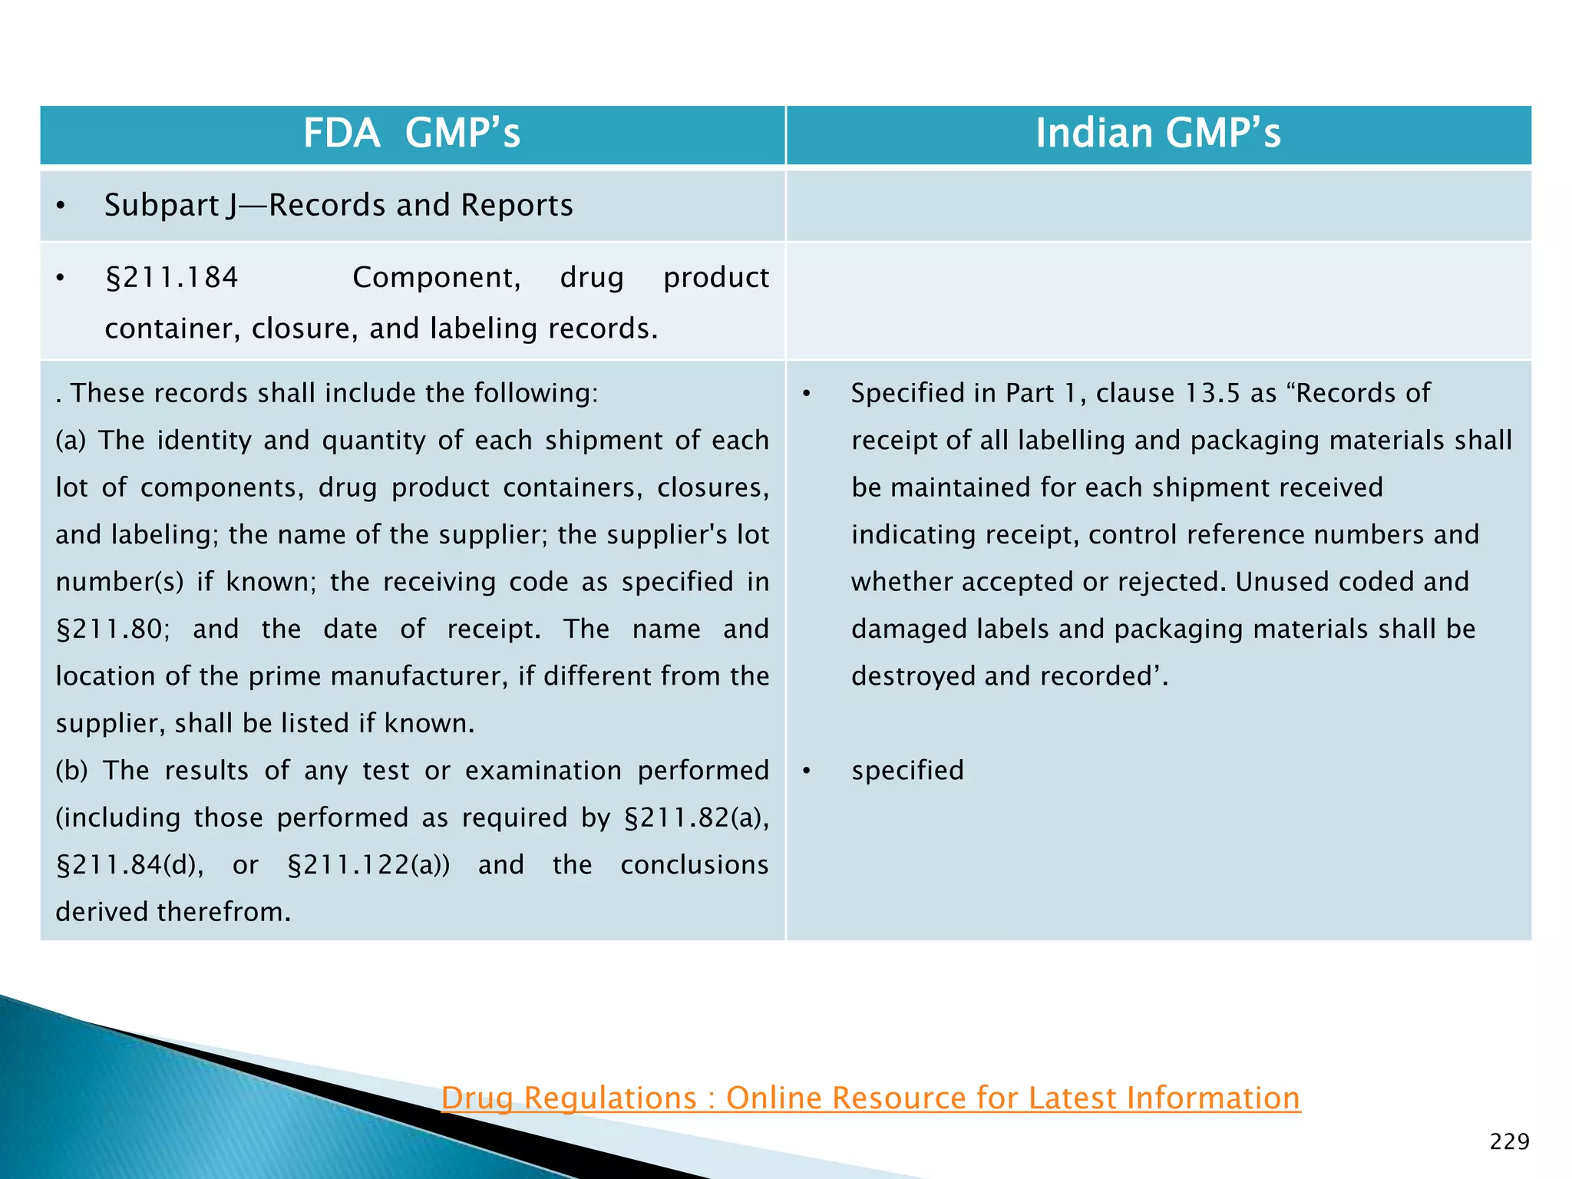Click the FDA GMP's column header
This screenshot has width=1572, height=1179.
411,133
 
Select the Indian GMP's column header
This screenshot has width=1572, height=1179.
1158,133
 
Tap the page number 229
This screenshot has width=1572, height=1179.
1509,1141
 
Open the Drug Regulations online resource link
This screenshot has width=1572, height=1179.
870,1098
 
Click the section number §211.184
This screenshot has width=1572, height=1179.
172,277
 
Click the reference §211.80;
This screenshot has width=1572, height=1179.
113,629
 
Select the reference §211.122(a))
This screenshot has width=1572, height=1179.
368,865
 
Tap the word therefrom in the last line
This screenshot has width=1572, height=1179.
223,912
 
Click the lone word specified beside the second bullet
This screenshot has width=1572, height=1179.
907,771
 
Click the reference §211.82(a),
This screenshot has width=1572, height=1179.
696,818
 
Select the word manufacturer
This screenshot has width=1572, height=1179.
418,676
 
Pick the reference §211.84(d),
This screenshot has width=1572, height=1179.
130,865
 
